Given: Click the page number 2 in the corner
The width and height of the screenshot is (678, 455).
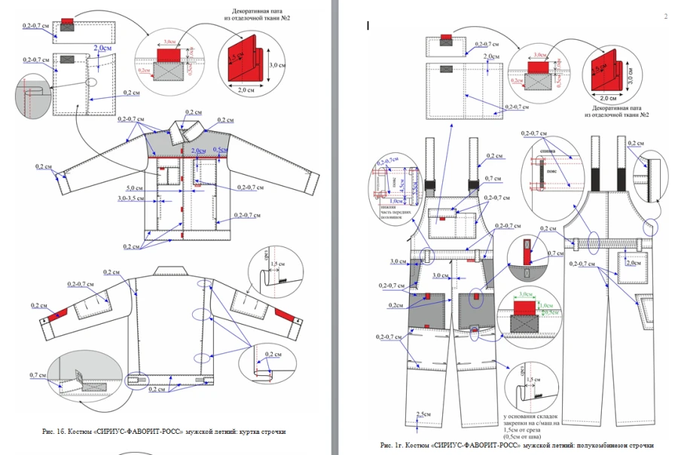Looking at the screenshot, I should coord(666,17).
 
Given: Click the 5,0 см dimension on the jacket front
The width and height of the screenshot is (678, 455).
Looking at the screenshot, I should coord(135,188).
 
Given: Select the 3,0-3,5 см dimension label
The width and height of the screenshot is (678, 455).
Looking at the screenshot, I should coord(131,199).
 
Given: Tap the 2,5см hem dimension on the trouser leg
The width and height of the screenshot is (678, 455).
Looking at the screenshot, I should coord(424,414).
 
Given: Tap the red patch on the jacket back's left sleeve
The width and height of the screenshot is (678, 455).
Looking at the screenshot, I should coord(59,311).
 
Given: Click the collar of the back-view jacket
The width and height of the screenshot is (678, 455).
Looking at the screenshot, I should coord(173,270).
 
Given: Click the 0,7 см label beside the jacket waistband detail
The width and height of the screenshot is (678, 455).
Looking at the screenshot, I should coord(38,374).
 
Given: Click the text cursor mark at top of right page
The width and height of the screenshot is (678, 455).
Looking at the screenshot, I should coord(368,26).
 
